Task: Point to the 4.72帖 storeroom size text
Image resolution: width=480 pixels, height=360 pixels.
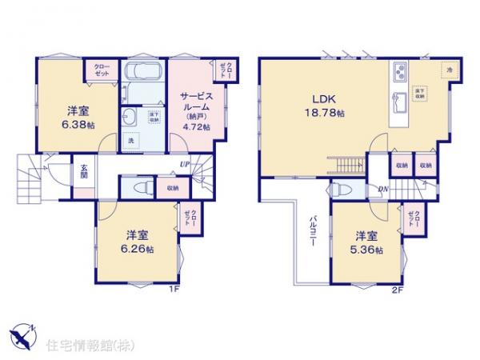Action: [195, 126]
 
